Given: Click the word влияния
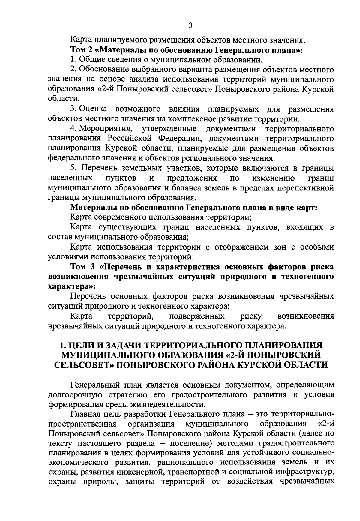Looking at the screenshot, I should point(183,109).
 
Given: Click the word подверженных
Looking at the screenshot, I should point(196,316).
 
